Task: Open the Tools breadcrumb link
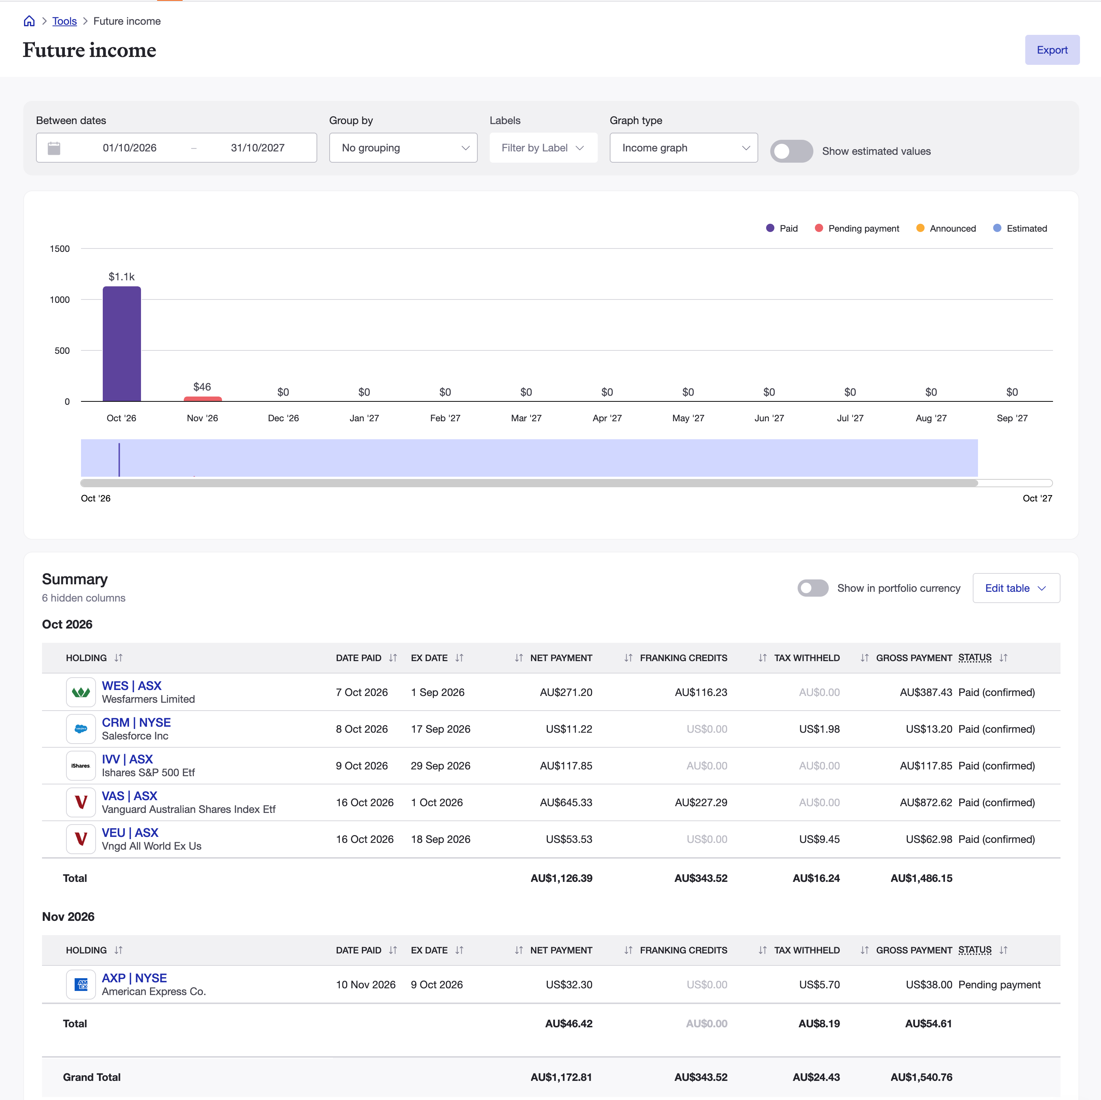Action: pos(64,21)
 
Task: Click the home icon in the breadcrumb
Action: pos(29,21)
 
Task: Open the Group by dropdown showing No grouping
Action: pos(403,148)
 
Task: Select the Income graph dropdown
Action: pos(683,148)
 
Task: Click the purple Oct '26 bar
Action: pos(122,344)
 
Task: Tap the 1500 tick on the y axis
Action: pos(60,248)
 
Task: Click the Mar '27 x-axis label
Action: pos(526,418)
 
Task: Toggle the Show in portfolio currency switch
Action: pos(813,588)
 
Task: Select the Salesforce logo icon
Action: pos(81,729)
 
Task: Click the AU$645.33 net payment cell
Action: pos(566,802)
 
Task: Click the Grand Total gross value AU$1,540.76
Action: pos(921,1077)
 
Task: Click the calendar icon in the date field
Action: pos(54,148)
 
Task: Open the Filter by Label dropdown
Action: pos(543,148)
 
